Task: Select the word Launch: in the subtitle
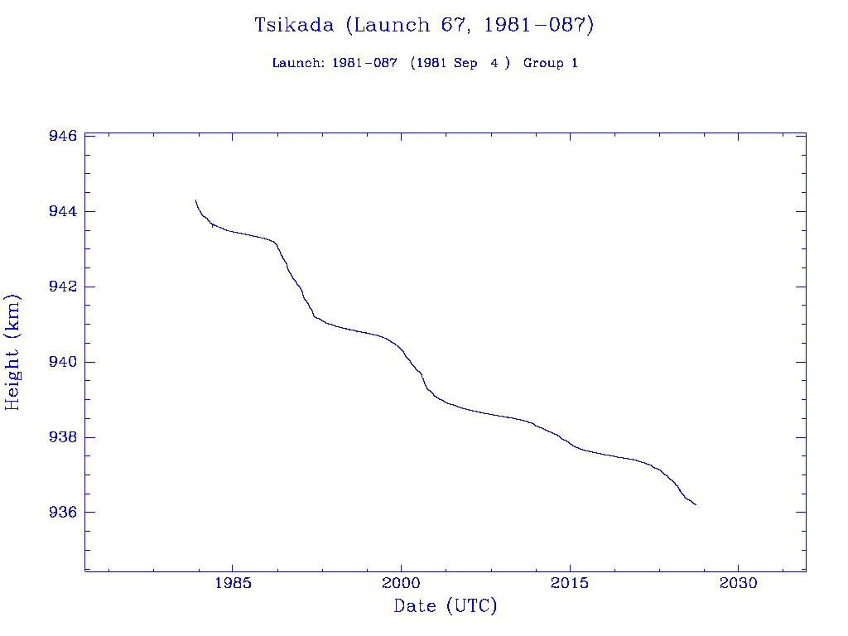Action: (298, 63)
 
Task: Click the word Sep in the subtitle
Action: (465, 63)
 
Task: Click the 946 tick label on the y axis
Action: (63, 136)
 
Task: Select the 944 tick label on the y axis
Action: (63, 211)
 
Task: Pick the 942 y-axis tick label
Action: (63, 287)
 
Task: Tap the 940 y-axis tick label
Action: (63, 362)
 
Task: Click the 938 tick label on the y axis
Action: (63, 437)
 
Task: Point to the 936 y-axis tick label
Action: (63, 513)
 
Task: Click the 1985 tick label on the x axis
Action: (232, 583)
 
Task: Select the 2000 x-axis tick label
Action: (401, 583)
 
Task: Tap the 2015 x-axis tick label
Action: (570, 583)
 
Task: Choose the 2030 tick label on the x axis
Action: (739, 583)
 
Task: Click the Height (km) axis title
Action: (12, 351)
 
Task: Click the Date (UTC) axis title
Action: (446, 606)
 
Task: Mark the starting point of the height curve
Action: (195, 200)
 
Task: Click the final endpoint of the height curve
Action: (696, 504)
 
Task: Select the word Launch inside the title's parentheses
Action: (388, 25)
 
